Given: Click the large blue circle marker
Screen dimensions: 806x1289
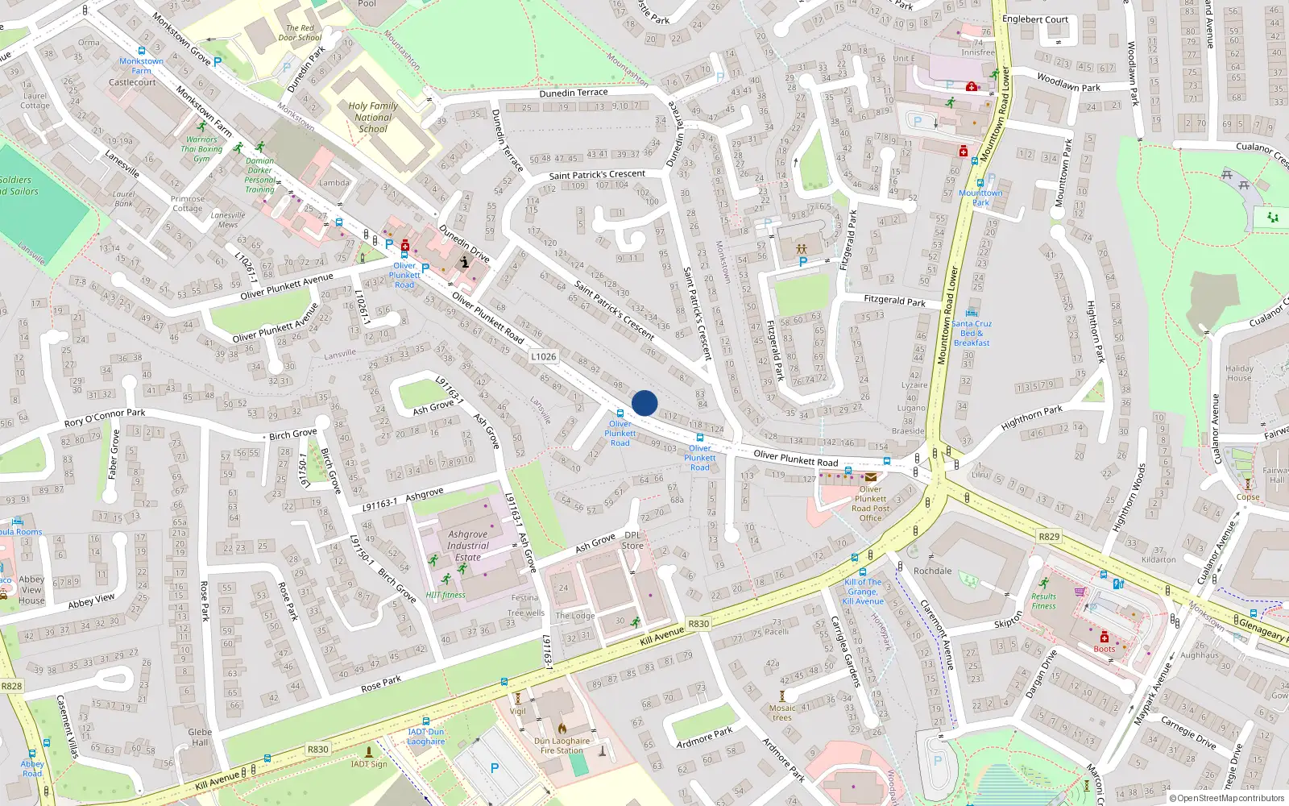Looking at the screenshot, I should pos(644,403).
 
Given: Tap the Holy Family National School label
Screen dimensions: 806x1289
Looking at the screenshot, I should pos(373,117).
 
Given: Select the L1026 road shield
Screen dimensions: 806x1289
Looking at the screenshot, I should pos(544,356).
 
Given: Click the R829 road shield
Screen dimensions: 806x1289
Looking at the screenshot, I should pos(1049,536).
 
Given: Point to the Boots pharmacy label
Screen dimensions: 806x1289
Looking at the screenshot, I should pos(1105,649).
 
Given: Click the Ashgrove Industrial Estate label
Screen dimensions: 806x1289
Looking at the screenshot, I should pos(467,546).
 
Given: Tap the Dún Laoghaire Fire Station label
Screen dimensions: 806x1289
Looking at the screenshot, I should pos(562,746).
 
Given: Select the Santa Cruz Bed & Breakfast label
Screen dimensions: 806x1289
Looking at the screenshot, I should pos(972,333).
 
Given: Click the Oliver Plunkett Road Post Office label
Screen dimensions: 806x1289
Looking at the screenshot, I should pos(870,503).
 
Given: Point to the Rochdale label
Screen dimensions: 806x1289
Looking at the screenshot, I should pos(932,571).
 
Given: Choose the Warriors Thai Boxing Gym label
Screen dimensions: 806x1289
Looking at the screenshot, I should pos(201,149).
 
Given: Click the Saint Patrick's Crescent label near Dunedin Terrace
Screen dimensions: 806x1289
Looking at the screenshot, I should pos(597,175).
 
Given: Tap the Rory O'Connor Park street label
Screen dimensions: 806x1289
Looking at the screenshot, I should pos(105,418).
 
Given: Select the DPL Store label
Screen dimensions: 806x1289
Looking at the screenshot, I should pos(632,540).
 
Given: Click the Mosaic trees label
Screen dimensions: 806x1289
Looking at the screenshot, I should pos(781,713).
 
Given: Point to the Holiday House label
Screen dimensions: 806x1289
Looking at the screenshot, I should pos(1239,373).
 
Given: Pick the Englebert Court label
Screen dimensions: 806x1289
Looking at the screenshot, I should pos(1035,19).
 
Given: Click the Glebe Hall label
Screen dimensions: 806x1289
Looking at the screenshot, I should pos(200,737).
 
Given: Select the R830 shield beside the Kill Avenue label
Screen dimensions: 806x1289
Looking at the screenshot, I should pos(698,623).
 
